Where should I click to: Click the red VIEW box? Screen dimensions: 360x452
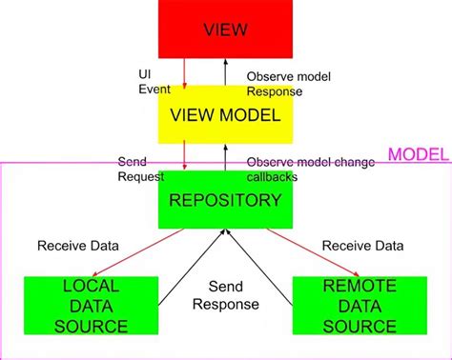225,29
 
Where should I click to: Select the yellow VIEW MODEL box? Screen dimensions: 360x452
225,116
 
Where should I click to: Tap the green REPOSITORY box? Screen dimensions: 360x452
225,200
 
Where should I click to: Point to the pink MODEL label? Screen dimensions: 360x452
417,155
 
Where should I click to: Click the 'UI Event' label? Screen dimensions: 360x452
154,82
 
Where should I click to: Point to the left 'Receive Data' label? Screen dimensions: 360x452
78,245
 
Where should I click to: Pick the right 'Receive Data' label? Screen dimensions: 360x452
362,245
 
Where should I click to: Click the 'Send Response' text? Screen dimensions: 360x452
225,295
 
